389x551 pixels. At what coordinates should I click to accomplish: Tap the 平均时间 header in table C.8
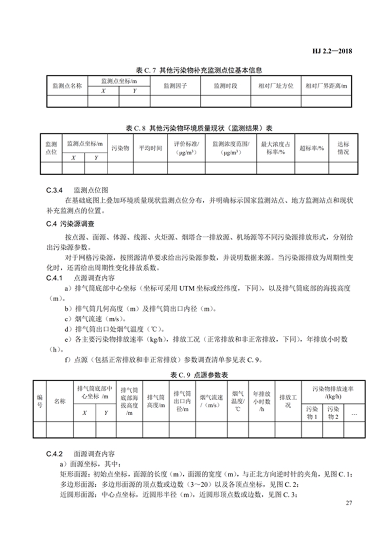151,148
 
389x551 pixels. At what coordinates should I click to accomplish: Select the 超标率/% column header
312,148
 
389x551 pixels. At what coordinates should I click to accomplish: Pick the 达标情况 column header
343,148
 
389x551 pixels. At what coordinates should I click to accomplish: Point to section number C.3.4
50,190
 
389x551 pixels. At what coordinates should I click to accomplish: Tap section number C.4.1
50,278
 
